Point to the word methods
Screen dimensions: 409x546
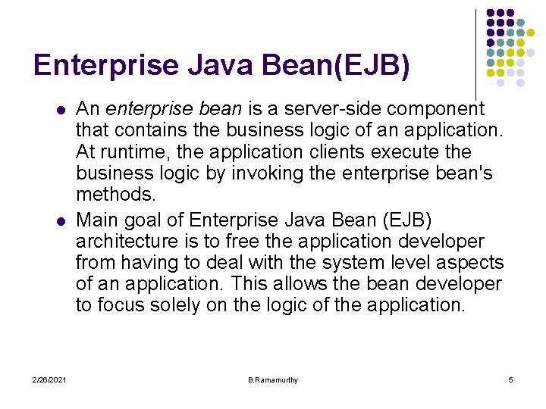[x=115, y=195]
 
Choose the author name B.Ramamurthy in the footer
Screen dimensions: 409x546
[x=273, y=379]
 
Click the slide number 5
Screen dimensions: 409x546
[x=510, y=379]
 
